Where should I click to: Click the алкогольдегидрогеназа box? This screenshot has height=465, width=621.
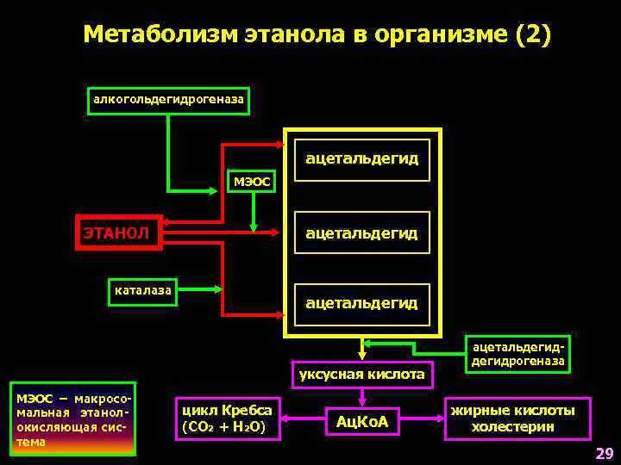168,101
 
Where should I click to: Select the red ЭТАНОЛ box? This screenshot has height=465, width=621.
119,232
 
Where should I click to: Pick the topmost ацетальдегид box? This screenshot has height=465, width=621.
361,159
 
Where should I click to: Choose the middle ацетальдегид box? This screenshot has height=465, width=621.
361,232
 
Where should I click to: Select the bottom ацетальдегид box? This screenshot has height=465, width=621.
361,303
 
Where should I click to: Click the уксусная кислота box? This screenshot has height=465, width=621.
361,374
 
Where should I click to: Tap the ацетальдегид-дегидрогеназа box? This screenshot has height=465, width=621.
517,355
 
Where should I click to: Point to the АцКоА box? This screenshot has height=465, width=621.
361,421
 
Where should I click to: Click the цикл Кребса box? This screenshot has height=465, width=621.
227,418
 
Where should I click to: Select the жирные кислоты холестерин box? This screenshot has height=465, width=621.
517,418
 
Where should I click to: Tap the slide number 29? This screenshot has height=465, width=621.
603,453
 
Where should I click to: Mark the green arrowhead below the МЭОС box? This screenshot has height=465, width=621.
253,228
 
